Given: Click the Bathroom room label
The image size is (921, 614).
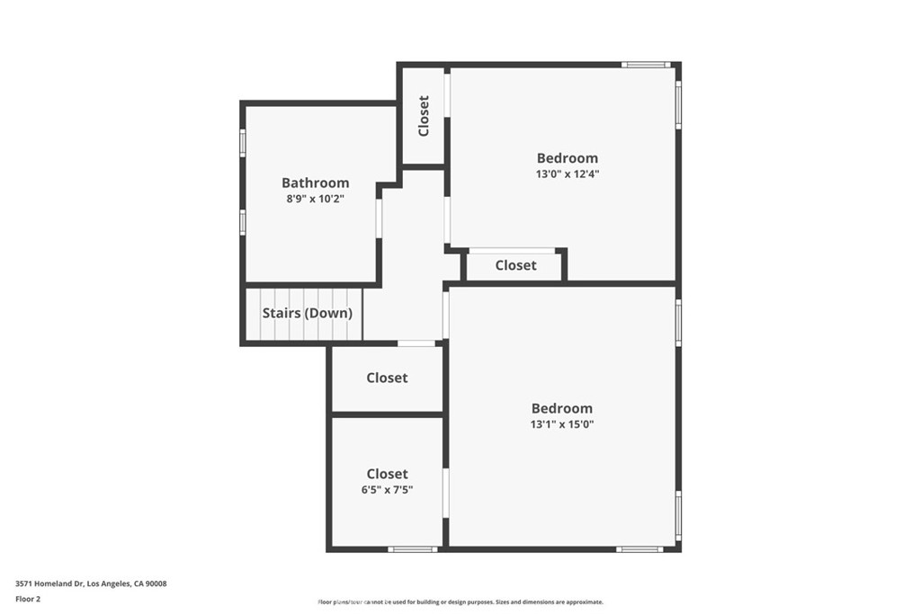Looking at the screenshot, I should pos(315,182).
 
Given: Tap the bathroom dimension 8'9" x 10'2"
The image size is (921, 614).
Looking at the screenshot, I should pos(315,199).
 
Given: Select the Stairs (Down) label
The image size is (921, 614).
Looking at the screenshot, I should pos(307,314).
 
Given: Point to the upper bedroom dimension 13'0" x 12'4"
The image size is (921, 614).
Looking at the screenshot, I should pos(567,174).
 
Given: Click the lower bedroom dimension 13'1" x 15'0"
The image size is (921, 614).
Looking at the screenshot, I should pos(562,424).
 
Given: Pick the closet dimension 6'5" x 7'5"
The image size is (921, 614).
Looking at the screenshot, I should pos(387,490).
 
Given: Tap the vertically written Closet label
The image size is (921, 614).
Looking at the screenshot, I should pos(424,116).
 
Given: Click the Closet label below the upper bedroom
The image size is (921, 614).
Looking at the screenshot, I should pos(515,265).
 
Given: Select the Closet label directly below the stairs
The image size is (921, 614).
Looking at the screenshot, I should pos(387,378).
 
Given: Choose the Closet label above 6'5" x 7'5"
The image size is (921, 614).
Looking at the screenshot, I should pos(387,474).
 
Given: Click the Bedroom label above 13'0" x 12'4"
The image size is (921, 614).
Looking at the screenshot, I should pos(567,158).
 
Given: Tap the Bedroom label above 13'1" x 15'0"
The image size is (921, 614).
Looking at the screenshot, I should pos(562,408).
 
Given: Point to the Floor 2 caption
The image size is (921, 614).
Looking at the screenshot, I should pos(28,598).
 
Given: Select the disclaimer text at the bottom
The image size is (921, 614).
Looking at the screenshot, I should pos(460,602).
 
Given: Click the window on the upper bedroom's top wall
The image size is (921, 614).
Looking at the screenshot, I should pos(647,65).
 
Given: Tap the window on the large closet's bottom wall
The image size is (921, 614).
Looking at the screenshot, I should pos(413,548).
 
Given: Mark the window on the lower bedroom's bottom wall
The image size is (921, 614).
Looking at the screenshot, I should pos(639,548).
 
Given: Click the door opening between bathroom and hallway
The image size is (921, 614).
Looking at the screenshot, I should pos(380,218).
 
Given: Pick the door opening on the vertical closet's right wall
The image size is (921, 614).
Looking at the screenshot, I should pos(447,93).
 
